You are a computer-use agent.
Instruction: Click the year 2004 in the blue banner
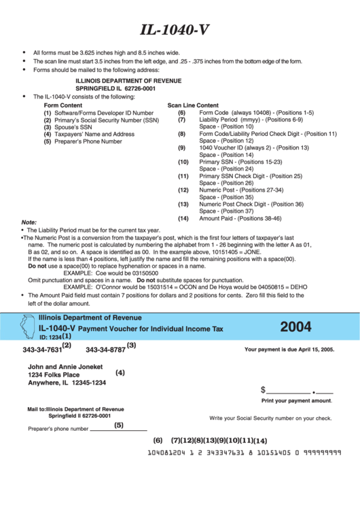[295, 328]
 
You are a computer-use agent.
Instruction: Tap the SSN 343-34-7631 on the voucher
[41, 350]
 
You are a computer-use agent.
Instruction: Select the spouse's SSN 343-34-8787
[105, 350]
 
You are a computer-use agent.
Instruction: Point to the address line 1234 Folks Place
[54, 374]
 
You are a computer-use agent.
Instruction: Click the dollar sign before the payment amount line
[263, 390]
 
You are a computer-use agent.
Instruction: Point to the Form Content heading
[62, 106]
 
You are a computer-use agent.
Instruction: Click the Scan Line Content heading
[193, 106]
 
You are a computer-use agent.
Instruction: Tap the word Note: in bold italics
[29, 222]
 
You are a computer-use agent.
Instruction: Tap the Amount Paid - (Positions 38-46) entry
[240, 219]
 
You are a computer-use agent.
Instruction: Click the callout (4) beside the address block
[120, 372]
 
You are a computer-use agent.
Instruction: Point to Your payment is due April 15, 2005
[289, 349]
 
